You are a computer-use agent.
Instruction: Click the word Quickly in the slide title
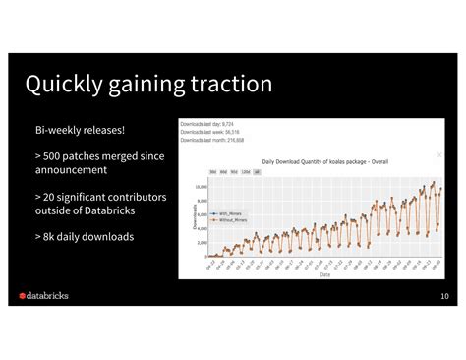point(68,85)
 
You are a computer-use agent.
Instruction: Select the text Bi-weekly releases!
point(80,131)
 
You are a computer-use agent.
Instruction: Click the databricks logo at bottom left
point(48,295)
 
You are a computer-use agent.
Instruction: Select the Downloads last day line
point(206,124)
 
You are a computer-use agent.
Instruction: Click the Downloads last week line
point(208,132)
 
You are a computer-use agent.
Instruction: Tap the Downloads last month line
point(211,140)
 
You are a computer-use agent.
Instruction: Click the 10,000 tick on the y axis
point(200,186)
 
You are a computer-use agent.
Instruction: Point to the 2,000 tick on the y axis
point(201,242)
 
